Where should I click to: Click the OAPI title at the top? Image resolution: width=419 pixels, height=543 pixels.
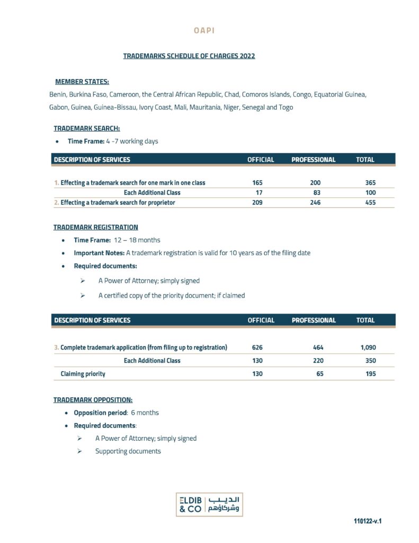204,31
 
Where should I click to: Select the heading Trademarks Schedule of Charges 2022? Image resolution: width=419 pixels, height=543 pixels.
189,56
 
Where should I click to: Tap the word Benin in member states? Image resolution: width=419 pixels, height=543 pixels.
57,94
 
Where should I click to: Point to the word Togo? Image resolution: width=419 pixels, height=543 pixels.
286,107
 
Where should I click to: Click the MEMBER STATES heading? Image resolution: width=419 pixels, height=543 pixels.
82,82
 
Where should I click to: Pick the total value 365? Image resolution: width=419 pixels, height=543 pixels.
370,182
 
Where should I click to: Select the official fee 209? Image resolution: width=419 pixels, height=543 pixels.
257,203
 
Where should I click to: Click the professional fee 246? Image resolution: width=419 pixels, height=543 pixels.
315,203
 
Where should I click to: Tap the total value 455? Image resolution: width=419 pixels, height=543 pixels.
370,203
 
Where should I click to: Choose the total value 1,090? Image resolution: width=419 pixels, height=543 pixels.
368,348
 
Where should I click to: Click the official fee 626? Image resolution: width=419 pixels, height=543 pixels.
257,348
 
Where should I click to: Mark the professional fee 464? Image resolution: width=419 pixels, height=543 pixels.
318,348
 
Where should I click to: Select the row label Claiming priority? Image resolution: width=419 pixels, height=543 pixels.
83,374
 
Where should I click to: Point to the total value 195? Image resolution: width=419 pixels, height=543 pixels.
370,374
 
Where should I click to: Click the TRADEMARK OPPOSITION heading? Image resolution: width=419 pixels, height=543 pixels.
93,400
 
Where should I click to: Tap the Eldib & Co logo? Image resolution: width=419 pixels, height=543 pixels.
209,504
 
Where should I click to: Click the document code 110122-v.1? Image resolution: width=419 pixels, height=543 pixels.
368,521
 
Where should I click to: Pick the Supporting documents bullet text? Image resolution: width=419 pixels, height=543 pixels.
128,451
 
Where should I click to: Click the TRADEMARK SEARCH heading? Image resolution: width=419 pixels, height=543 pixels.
86,128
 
